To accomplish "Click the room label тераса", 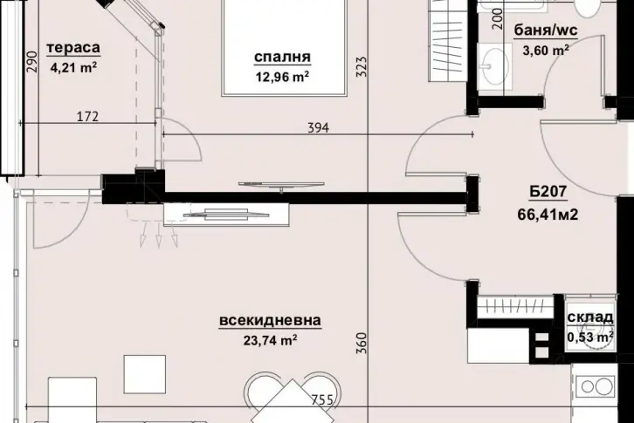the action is point(73,48).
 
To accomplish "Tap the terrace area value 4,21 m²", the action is point(73,67).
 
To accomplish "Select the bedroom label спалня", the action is point(283,57).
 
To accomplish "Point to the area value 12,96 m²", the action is point(283,76).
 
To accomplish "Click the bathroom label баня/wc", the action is point(546,31).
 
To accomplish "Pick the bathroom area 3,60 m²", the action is point(546,51).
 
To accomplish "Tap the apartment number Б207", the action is point(548,192).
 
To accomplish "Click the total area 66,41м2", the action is point(548,215).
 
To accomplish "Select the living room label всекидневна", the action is point(270,320).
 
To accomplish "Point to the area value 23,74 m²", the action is point(270,341).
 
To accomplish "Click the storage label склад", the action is point(590,317).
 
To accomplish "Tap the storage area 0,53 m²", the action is point(590,337).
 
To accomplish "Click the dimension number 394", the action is point(319,128).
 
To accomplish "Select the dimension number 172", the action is point(87,117).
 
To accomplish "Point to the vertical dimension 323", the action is point(362,67).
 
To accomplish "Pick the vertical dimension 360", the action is point(362,343).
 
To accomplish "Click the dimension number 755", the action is point(322,400).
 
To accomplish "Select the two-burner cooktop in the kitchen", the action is point(596,386).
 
